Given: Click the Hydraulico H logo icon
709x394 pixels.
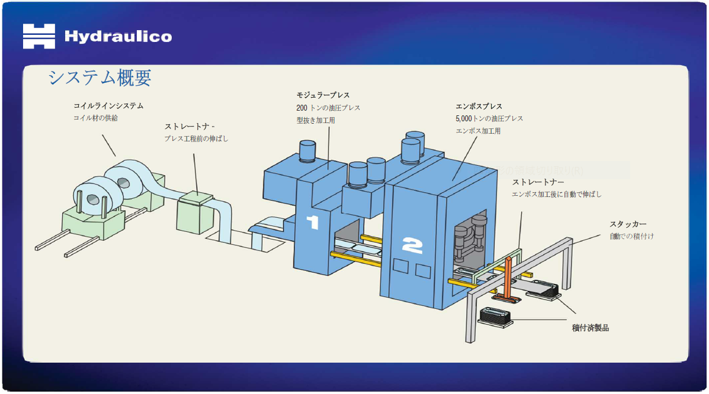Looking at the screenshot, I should [39, 36].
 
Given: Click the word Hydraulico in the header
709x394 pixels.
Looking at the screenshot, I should [118, 37].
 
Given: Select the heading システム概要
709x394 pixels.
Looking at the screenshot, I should [100, 77].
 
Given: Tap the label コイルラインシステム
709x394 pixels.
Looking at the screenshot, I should [108, 106].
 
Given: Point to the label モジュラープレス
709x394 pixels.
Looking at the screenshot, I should [323, 95].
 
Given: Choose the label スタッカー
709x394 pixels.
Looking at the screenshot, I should [628, 224].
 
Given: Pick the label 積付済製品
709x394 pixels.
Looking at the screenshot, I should [590, 327].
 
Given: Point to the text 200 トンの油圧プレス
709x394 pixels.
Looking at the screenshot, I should [328, 108].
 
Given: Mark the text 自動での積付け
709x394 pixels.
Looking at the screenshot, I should [631, 236].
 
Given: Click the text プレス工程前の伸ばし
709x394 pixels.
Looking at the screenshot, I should [196, 139].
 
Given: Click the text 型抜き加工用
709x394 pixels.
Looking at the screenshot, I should [316, 120].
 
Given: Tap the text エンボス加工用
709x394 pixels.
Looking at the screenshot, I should [477, 131].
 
